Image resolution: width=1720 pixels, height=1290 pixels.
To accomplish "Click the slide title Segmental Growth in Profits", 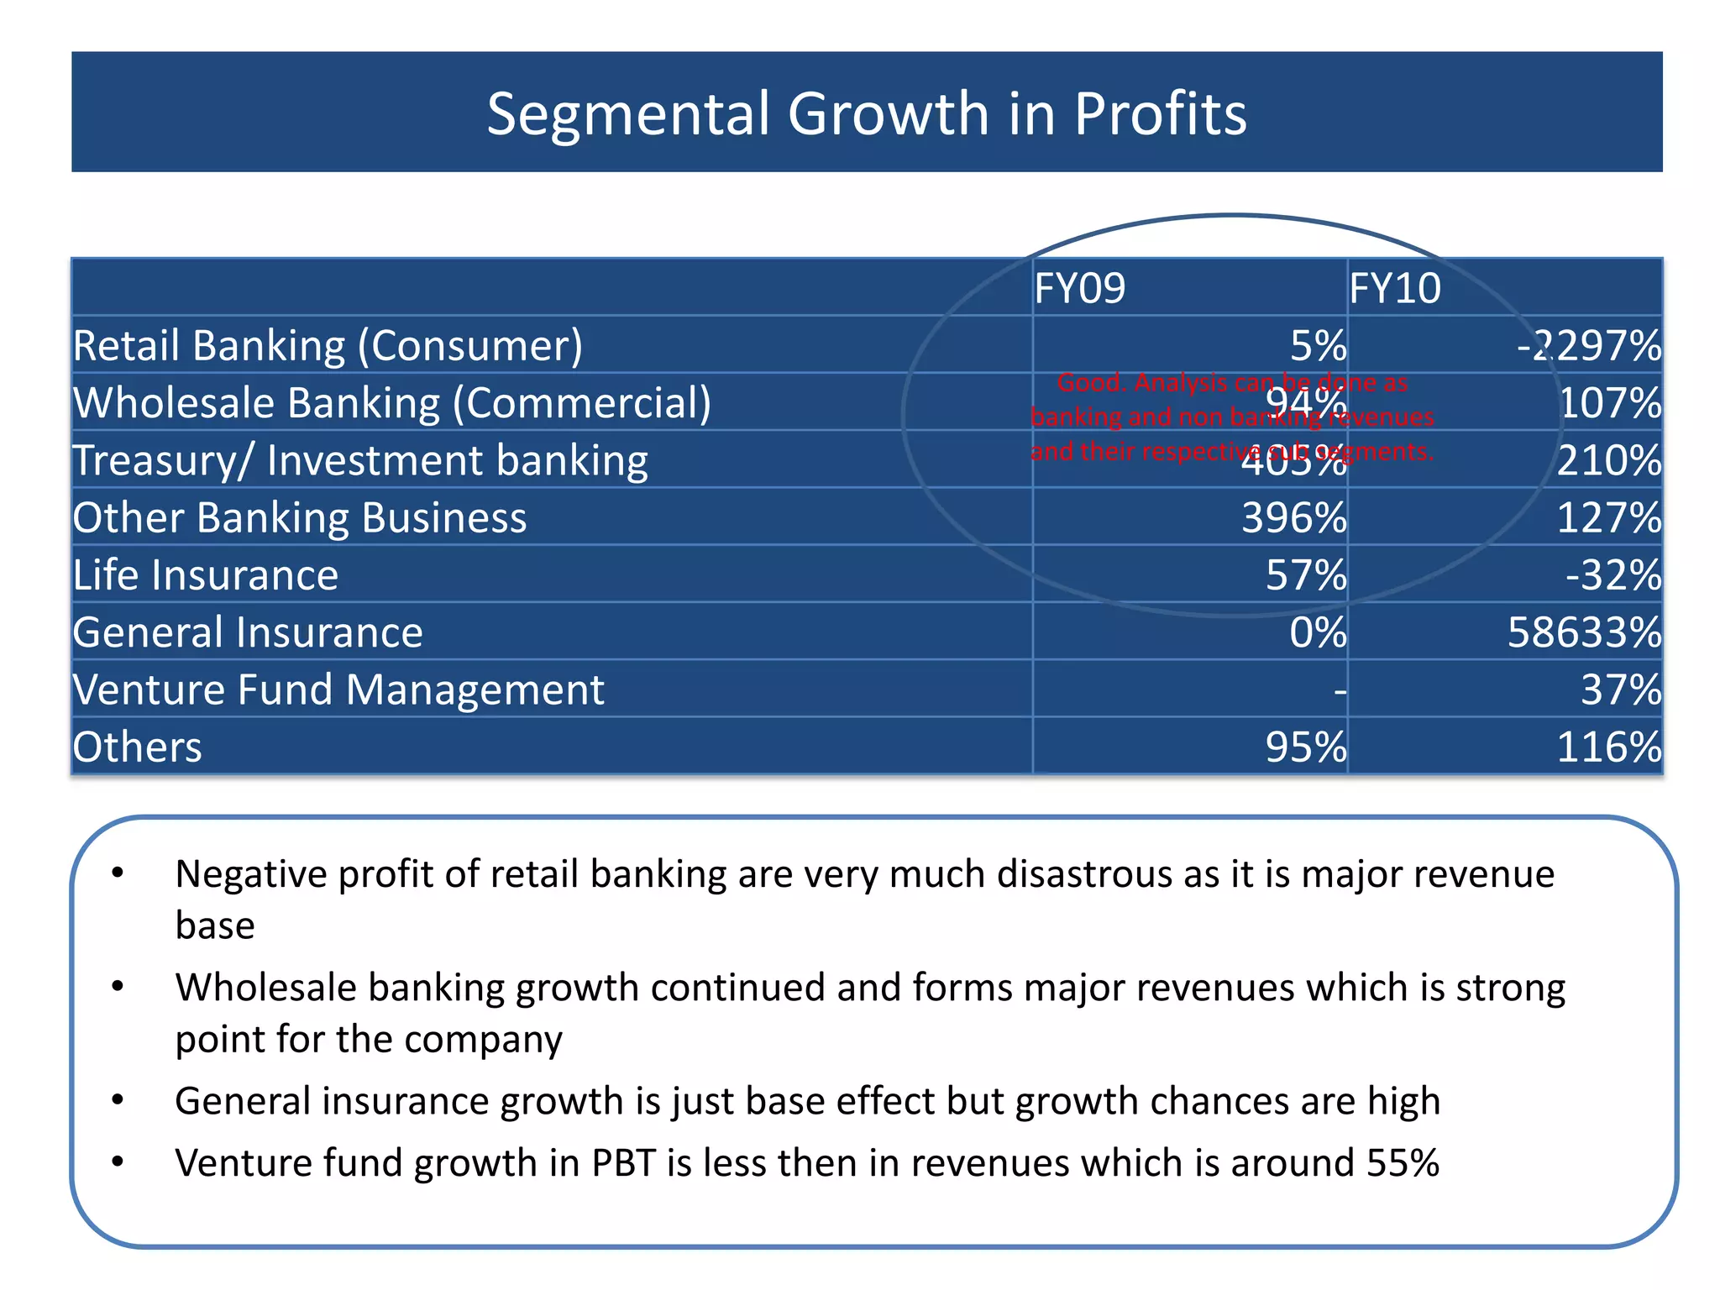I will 866,113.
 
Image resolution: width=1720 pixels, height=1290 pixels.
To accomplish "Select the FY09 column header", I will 1079,289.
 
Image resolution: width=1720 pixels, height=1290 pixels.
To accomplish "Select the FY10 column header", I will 1395,289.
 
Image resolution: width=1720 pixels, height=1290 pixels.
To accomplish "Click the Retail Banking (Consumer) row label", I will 328,346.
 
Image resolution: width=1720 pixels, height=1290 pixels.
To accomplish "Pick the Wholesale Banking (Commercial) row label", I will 391,403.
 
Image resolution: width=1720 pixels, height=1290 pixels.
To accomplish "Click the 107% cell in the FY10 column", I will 1609,403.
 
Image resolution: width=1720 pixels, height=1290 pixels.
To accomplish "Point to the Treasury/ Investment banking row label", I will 360,461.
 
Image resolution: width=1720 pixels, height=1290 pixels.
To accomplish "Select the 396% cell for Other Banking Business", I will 1293,518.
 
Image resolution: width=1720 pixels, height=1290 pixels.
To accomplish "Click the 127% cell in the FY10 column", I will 1609,518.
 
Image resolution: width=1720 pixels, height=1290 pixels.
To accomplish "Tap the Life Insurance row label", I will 206,576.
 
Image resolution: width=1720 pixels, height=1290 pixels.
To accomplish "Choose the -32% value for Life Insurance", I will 1613,576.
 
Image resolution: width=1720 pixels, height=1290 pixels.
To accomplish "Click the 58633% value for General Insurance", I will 1585,632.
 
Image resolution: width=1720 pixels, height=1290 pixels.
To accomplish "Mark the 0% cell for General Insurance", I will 1318,632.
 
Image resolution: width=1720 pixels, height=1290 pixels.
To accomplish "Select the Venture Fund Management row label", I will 338,690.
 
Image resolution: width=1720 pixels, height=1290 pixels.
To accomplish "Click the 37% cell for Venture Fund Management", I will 1621,690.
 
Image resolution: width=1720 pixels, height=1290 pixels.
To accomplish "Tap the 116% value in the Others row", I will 1609,747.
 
